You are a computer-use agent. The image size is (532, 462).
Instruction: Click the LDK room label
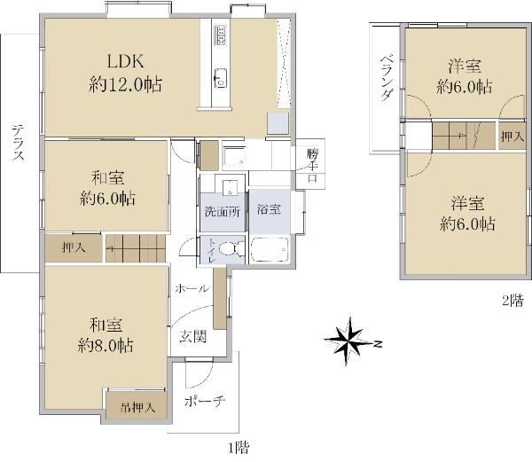point(126,61)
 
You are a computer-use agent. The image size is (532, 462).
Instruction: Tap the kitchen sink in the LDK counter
point(221,78)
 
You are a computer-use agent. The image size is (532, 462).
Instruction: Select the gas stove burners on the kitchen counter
point(221,35)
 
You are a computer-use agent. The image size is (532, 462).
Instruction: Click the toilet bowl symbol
point(231,249)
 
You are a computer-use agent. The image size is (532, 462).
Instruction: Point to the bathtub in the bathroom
point(270,249)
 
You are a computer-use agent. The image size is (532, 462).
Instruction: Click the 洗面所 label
point(223,212)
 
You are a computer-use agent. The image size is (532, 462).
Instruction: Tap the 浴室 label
point(269,209)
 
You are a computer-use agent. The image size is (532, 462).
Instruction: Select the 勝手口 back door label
point(312,166)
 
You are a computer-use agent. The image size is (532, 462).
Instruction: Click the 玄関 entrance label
point(192,336)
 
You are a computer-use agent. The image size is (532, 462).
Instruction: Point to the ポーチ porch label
point(205,402)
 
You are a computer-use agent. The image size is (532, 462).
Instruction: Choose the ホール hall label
point(192,288)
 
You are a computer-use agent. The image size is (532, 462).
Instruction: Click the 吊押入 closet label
point(138,407)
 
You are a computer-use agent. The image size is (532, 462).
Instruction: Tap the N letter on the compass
point(379,344)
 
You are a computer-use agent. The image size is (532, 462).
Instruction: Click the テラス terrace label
point(19,143)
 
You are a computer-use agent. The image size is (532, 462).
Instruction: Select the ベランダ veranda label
point(387,78)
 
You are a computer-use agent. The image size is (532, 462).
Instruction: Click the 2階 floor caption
point(513,301)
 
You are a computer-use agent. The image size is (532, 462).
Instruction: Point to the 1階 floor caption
point(239,448)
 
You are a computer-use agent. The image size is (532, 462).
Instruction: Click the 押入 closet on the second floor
point(512,137)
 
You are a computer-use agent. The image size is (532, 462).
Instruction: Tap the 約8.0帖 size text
point(106,345)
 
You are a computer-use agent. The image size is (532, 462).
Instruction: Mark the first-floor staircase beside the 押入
point(136,248)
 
